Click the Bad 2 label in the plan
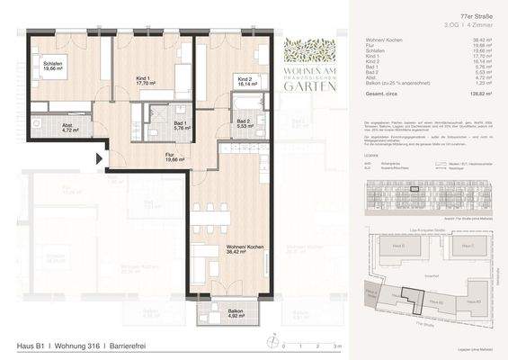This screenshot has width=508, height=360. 244,125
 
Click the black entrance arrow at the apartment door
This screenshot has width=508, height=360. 100,160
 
